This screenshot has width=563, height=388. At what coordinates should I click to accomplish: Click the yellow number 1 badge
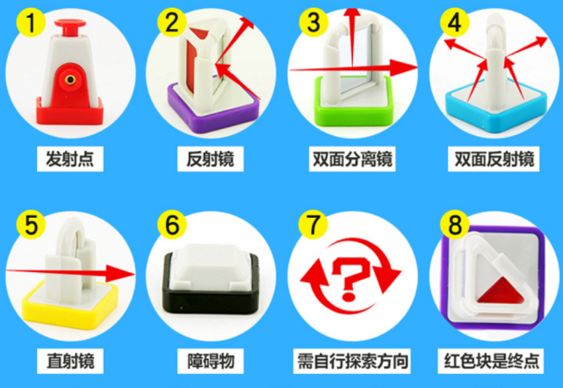click(30, 25)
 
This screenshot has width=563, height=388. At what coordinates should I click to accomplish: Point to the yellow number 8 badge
click(454, 225)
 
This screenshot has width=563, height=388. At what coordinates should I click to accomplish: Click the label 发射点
click(70, 160)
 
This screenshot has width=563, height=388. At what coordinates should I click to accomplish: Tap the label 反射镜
click(210, 160)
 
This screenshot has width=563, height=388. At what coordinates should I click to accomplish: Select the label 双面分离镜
click(352, 160)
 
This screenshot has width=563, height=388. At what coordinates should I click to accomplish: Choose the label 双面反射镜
click(491, 160)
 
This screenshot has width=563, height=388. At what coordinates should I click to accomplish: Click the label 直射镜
click(70, 361)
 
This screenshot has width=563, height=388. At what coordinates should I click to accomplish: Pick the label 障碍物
click(210, 361)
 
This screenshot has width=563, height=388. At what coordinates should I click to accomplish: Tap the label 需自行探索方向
click(352, 361)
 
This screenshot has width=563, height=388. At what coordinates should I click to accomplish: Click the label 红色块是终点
click(491, 361)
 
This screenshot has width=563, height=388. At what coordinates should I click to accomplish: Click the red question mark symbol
click(352, 280)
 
